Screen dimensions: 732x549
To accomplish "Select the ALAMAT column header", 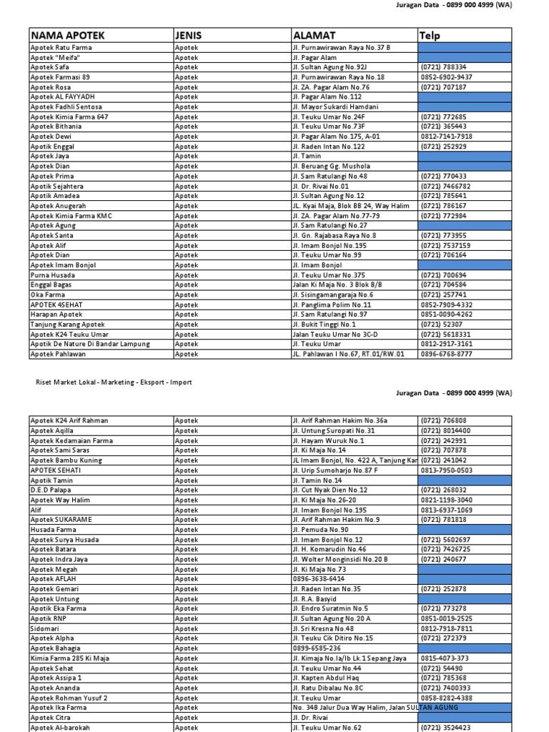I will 314,35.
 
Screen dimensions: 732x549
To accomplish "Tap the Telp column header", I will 430,35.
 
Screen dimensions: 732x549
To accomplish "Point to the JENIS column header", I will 188,35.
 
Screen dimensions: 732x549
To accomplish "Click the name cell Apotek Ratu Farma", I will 61,48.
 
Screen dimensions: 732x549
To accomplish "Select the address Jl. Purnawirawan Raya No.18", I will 338,77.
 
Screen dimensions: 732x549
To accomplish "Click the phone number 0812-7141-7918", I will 447,137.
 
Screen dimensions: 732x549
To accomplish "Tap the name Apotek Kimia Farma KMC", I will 71,216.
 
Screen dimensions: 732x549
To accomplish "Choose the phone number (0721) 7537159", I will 446,245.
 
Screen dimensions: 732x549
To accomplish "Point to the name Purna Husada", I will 53,275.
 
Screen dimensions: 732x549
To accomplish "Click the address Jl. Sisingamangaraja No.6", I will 332,295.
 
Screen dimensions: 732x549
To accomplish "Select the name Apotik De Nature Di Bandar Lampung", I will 90,344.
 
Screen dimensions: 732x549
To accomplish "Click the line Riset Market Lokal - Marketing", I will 114,382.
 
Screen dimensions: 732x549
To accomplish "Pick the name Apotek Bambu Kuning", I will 66,460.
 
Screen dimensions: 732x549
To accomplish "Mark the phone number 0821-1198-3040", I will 447,500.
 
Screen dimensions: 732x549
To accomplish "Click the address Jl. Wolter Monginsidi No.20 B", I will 340,560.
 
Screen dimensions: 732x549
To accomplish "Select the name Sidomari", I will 44,628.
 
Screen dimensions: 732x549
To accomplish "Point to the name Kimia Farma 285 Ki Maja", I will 70,658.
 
